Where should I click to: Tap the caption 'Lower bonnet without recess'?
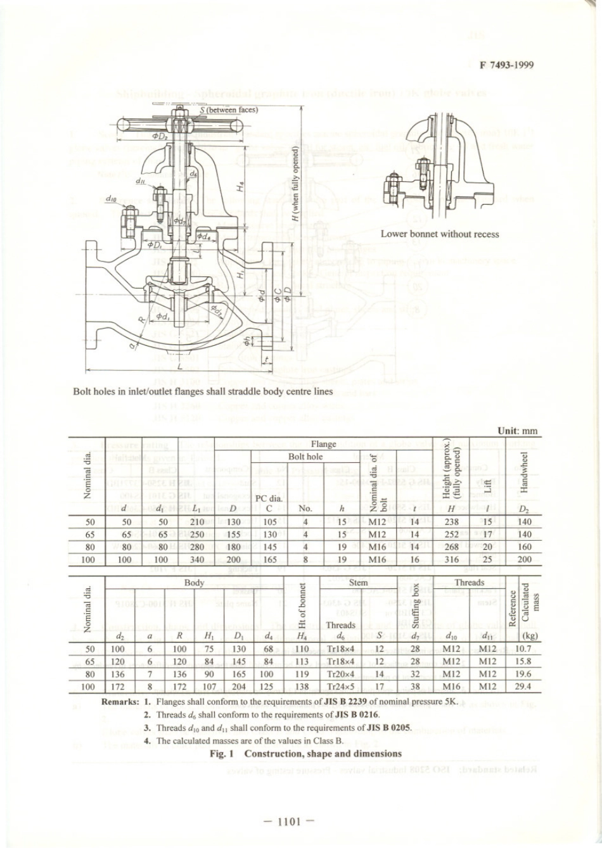coord(440,234)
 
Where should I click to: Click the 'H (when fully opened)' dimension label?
coord(295,183)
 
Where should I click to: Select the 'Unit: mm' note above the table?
coord(518,431)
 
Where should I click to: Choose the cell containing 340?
coord(197,560)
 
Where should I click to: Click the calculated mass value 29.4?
coord(523,687)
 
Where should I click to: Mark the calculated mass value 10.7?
coord(523,649)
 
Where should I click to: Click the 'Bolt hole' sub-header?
coord(305,456)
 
